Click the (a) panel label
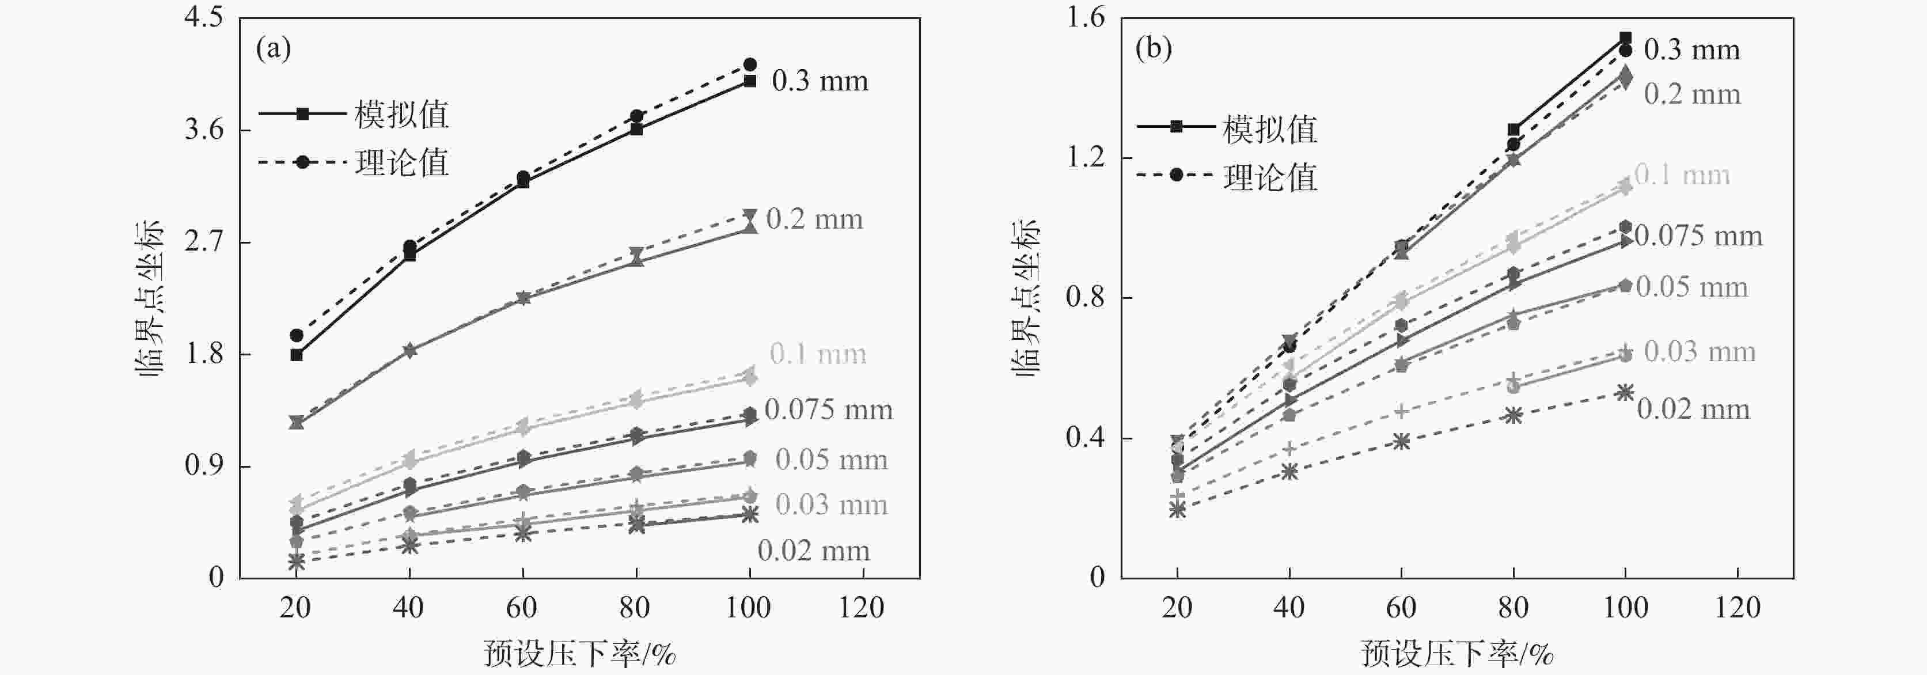point(273,50)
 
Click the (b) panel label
point(1153,50)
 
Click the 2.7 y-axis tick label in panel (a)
point(203,242)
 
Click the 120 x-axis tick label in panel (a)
point(862,608)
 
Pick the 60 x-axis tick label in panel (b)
point(1401,608)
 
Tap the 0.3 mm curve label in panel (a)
point(820,81)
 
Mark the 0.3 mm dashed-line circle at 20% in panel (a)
point(296,335)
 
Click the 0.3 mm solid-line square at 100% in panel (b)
point(1625,37)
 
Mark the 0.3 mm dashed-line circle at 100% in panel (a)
point(750,65)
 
